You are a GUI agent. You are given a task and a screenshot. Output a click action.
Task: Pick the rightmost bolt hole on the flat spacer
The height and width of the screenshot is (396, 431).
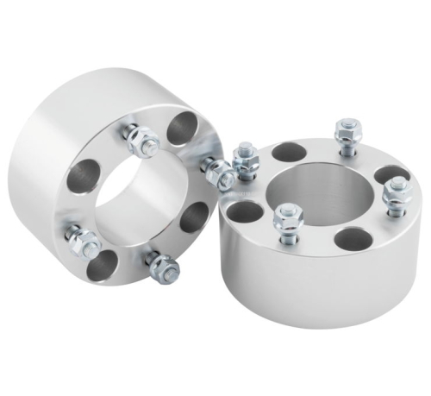(392, 173)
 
